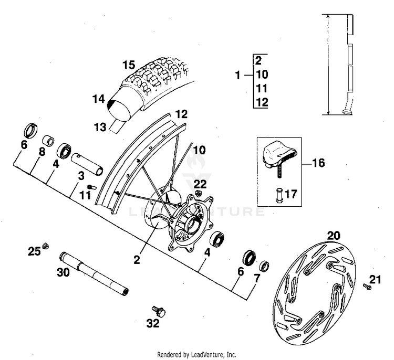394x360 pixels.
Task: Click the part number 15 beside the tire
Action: click(x=129, y=66)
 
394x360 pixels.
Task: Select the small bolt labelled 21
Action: click(x=367, y=287)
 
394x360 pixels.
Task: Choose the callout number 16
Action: click(x=318, y=163)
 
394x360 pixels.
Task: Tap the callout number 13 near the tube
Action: click(x=100, y=126)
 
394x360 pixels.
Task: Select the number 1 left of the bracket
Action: click(x=238, y=76)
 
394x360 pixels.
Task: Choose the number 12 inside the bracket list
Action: click(x=263, y=102)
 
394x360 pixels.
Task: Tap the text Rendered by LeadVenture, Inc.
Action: click(x=196, y=354)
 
